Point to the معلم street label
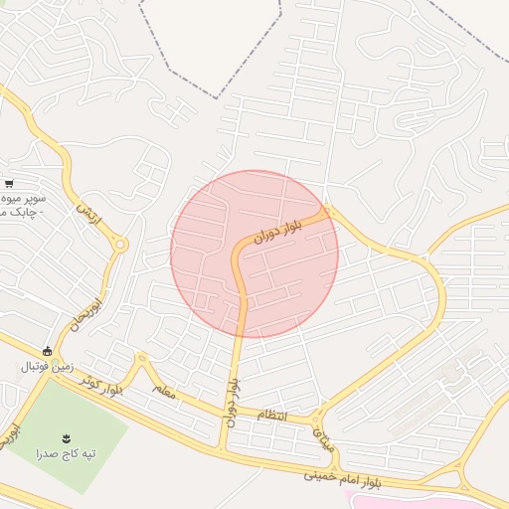[x=164, y=392]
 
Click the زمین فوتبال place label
[x=47, y=367]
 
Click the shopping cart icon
[x=9, y=184]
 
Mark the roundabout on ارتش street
[x=120, y=244]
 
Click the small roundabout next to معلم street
[x=142, y=358]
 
